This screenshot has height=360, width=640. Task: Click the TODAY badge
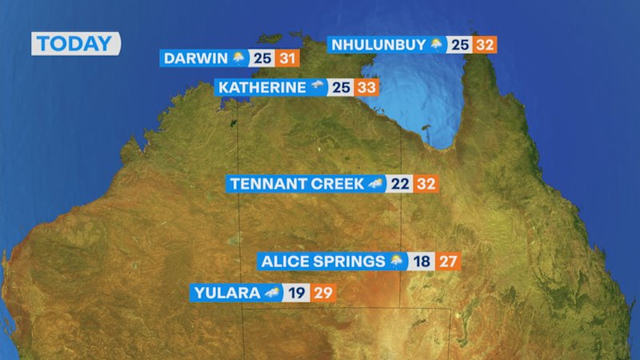[x=75, y=44]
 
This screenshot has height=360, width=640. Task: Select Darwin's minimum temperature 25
[x=262, y=58]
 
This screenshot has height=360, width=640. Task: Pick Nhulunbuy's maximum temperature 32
[x=484, y=45]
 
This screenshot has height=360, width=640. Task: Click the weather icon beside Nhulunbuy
[x=437, y=45]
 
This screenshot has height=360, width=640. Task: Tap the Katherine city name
[x=262, y=87]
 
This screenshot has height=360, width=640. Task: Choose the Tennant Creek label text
[x=297, y=184]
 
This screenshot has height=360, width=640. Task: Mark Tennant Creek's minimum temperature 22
[x=401, y=184]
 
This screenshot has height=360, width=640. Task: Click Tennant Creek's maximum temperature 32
[x=426, y=184]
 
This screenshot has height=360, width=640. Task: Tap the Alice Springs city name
[x=323, y=262]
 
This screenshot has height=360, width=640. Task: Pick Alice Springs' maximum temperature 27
[x=448, y=262]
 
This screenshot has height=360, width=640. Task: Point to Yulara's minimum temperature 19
[x=296, y=293]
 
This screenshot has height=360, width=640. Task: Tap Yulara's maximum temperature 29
[x=322, y=293]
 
